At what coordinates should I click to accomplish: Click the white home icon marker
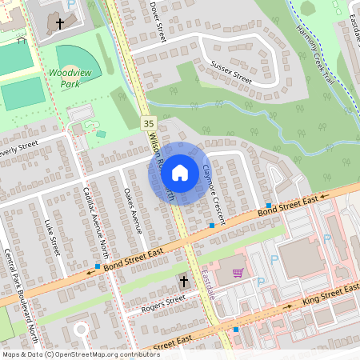click(180, 172)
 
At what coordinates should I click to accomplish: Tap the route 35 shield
click(148, 123)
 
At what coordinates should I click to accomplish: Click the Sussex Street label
click(231, 72)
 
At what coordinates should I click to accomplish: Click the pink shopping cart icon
click(238, 272)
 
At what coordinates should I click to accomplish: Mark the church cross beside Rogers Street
click(184, 282)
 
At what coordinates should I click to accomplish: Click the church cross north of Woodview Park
click(60, 25)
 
